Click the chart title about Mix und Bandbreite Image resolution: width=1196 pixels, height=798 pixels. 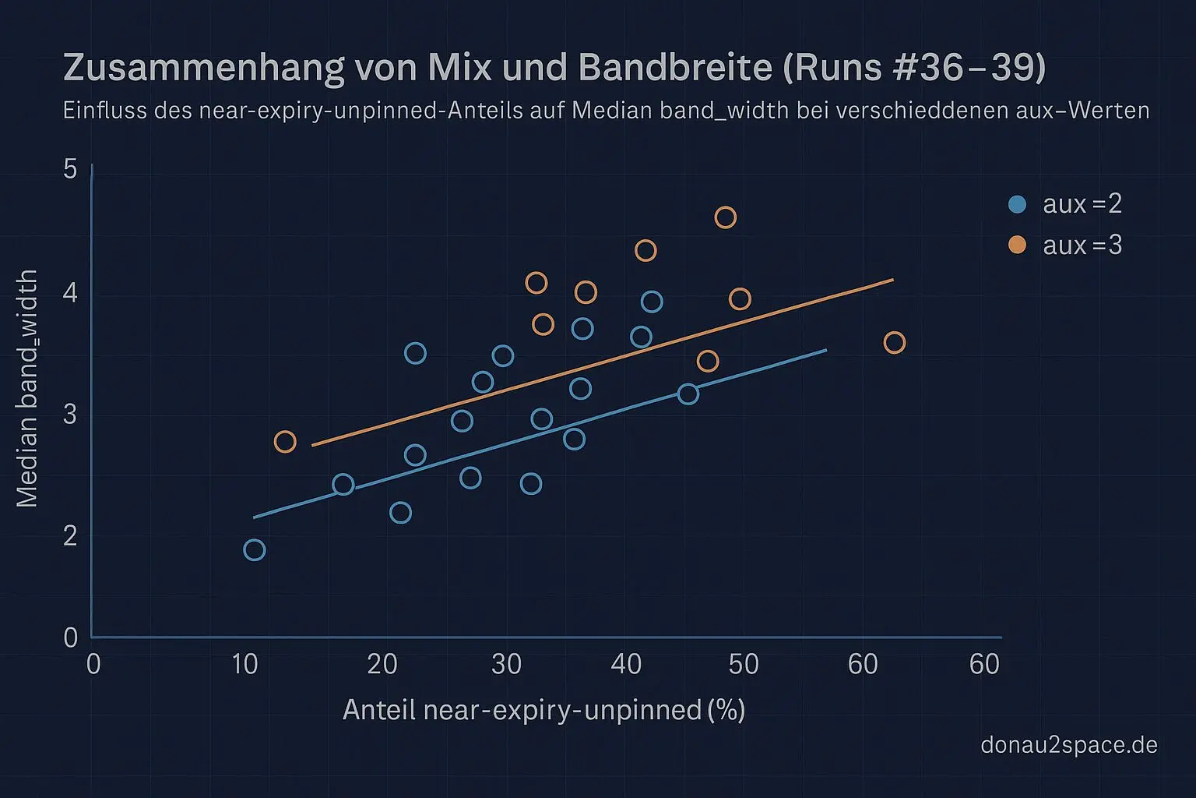point(554,68)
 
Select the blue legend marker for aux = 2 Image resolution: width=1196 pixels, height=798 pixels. point(1017,204)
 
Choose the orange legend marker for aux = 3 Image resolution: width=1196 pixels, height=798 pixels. point(1017,245)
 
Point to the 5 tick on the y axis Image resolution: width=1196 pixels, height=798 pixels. point(71,169)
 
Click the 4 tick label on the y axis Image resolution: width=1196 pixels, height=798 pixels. point(71,293)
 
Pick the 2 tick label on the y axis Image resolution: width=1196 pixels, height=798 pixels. point(71,535)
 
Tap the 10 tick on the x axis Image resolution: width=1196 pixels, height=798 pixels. point(244,664)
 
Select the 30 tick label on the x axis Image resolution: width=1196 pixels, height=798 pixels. point(506,664)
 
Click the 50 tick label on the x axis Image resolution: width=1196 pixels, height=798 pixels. point(743,664)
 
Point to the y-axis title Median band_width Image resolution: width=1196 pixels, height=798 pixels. point(27,388)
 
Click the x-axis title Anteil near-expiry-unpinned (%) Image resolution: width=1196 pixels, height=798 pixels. point(543,710)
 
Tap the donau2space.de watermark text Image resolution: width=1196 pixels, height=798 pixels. point(1068,745)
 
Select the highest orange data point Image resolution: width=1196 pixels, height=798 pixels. point(725,217)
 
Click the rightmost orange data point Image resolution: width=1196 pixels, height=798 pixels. point(894,342)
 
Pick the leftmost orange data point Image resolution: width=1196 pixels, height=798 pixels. point(285,442)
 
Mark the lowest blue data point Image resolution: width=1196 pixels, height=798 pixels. point(254,549)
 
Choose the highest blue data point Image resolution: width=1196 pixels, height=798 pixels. point(652,302)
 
